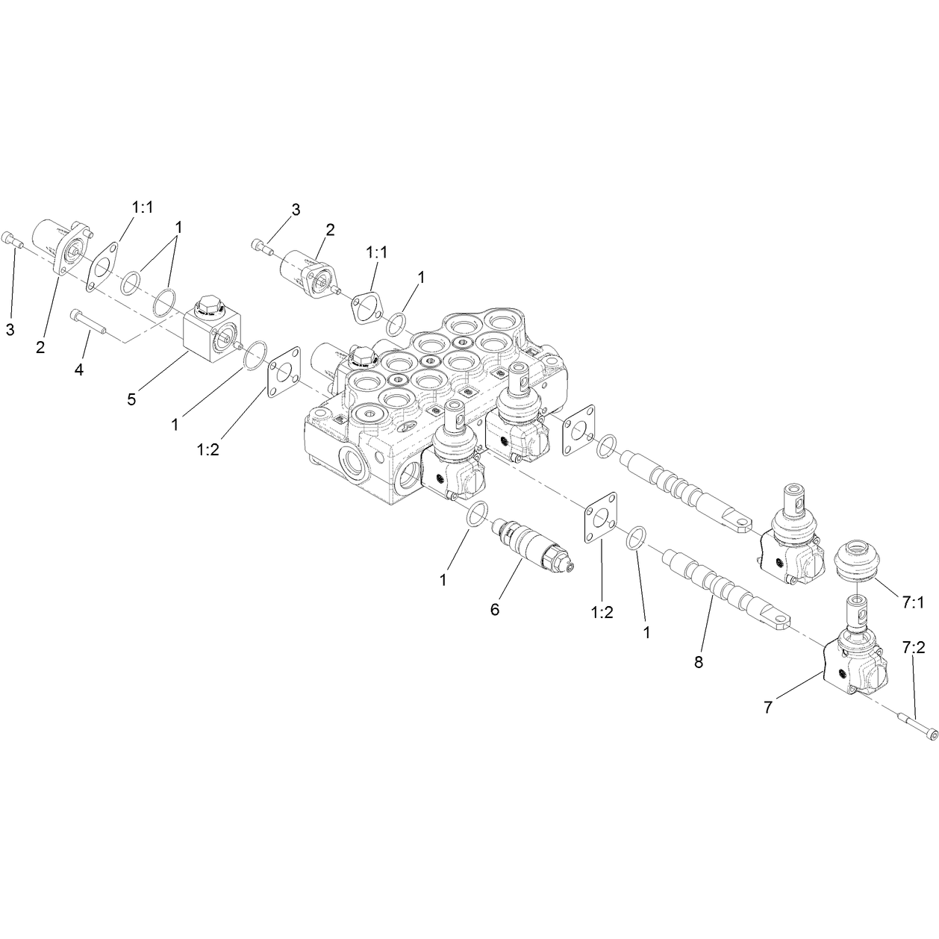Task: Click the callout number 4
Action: point(79,369)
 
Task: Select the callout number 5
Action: point(131,399)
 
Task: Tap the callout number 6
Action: point(495,609)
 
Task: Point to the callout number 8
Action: point(699,662)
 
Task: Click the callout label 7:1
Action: point(913,603)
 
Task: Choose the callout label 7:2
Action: point(913,647)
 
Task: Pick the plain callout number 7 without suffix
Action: point(769,708)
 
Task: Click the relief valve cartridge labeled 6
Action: point(533,546)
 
